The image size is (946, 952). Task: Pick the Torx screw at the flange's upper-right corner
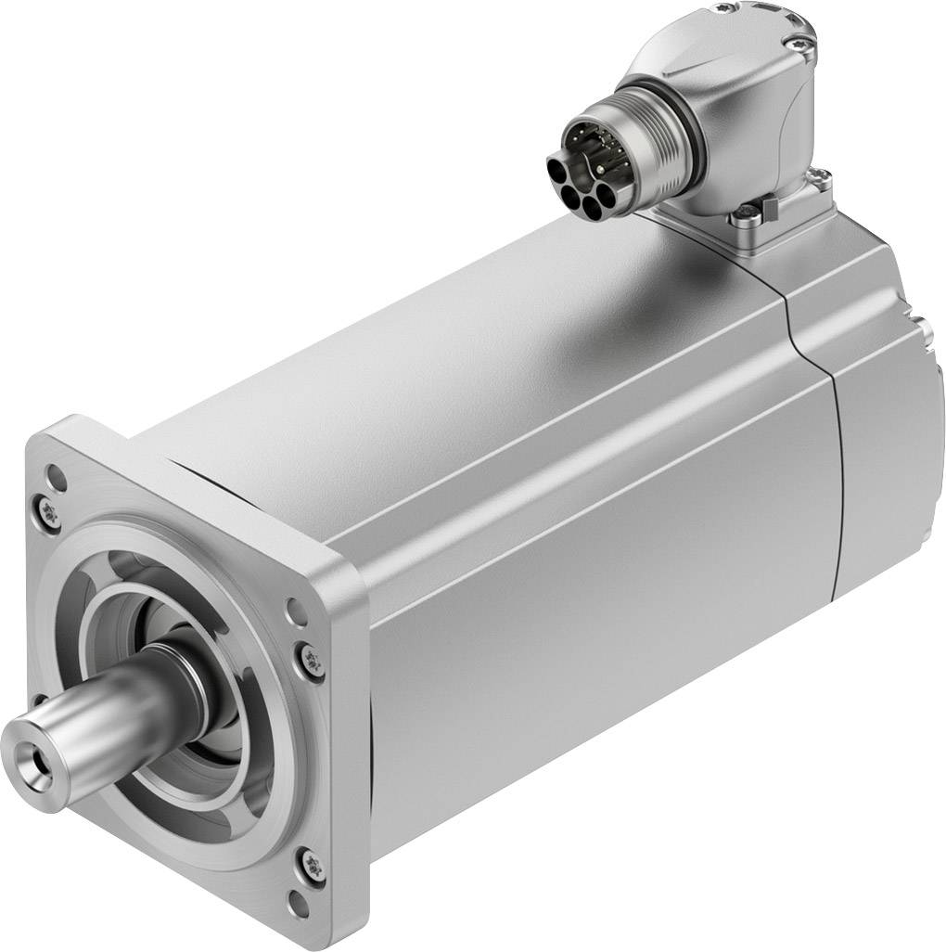pos(313,661)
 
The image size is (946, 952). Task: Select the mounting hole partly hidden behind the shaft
pos(39,701)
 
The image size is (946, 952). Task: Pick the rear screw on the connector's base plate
pos(819,176)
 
